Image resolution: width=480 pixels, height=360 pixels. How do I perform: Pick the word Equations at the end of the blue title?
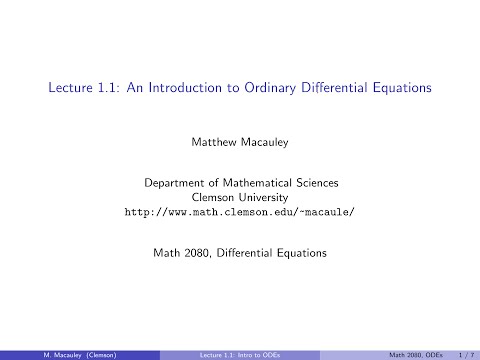398,88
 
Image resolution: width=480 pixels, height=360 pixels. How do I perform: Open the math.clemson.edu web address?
239,212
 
